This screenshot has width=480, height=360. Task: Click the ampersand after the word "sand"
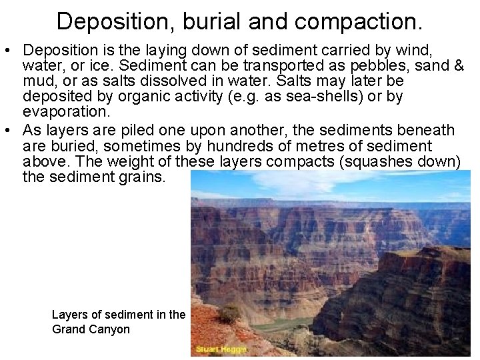click(457, 65)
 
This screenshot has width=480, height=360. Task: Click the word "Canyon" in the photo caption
click(109, 329)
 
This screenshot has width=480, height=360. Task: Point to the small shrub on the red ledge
click(230, 313)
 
